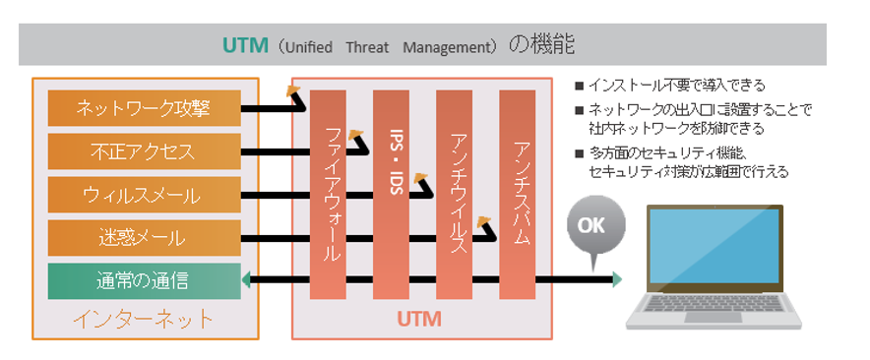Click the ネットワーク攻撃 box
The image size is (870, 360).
[x=145, y=108]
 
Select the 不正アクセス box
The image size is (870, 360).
[x=145, y=151]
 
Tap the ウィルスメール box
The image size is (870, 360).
[x=145, y=195]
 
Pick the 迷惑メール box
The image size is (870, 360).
[x=145, y=238]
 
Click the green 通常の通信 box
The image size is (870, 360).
[x=145, y=281]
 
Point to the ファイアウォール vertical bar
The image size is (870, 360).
[x=328, y=195]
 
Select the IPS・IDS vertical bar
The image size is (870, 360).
[x=391, y=195]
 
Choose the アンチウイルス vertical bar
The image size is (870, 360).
[x=454, y=195]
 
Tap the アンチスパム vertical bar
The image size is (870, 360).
[x=517, y=195]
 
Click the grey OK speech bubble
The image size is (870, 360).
[x=595, y=226]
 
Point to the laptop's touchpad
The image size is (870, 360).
[x=713, y=318]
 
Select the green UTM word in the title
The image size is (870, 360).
[x=245, y=45]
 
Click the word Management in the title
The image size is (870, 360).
[x=447, y=47]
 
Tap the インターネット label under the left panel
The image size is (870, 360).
[x=143, y=319]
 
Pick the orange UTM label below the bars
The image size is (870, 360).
[x=419, y=319]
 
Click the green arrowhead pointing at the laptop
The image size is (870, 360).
[x=616, y=279]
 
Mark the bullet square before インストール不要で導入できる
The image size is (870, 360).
[x=580, y=86]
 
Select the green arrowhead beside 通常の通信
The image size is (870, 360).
[x=247, y=280]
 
